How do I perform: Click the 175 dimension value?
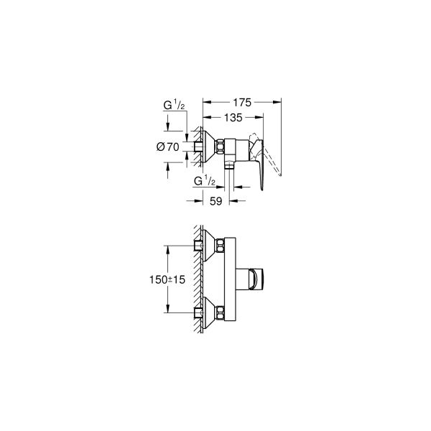[241, 103]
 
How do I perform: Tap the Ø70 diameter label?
[167, 147]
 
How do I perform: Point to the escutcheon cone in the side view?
[209, 147]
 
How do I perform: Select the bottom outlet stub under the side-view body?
[228, 166]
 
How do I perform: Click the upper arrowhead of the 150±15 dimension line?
[168, 249]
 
